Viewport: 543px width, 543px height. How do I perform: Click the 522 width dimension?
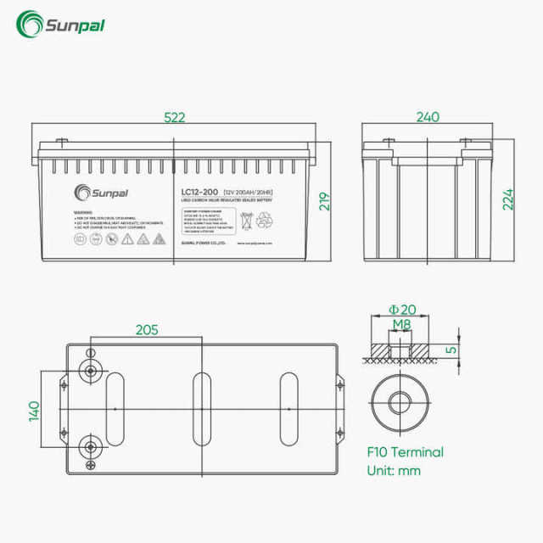point(174,118)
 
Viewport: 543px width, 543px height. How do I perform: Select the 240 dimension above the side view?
point(428,118)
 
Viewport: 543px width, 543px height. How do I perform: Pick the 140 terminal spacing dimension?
point(35,410)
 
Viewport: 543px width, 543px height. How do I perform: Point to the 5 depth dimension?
point(452,349)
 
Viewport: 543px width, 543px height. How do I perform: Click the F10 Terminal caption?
point(405,452)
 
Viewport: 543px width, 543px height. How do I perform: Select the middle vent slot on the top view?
point(202,408)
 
